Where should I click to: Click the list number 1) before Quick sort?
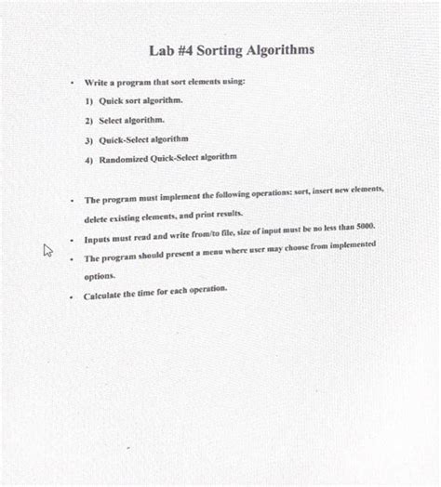click(89, 100)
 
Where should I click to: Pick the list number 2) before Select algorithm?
click(89, 120)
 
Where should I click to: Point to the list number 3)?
click(89, 138)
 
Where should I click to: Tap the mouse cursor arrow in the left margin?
click(47, 249)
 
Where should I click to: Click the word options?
click(100, 276)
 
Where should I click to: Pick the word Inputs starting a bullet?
click(100, 239)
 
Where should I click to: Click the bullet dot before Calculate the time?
click(71, 296)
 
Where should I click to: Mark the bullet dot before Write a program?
click(71, 82)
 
